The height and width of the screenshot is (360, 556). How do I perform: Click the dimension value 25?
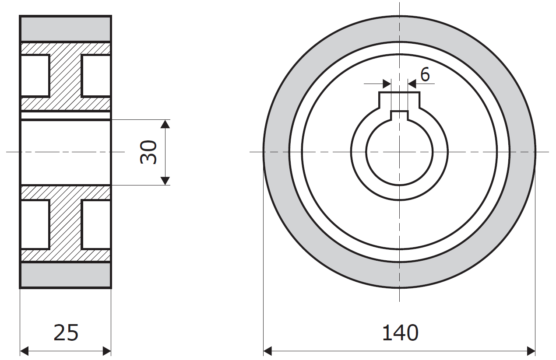66,333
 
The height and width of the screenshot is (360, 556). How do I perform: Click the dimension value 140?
400,333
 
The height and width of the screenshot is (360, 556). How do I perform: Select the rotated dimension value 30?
148,152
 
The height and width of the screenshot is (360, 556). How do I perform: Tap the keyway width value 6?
425,75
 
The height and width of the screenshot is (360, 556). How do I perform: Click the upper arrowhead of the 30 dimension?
165,124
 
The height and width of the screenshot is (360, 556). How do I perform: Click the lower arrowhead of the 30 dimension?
165,181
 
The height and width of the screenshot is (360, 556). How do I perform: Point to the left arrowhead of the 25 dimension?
25,351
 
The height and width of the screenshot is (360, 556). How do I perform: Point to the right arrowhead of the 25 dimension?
107,351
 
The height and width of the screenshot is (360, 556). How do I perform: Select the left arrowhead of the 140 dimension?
267,351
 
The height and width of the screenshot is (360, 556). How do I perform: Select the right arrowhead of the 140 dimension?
531,351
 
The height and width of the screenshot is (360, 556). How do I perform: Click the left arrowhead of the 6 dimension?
387,84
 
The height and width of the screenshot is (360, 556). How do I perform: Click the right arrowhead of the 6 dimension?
412,84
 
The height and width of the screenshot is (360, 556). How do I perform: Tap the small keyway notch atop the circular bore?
399,115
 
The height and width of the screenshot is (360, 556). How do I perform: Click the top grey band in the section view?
66,28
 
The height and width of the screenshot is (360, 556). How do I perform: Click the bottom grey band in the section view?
66,275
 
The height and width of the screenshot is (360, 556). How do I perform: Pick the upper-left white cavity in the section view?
35,76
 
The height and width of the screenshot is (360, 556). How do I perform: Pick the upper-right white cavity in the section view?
96,76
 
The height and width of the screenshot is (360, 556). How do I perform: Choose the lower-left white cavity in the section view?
35,224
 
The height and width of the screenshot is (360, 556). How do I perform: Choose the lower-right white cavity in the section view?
96,224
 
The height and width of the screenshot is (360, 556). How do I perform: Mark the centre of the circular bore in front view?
399,152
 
